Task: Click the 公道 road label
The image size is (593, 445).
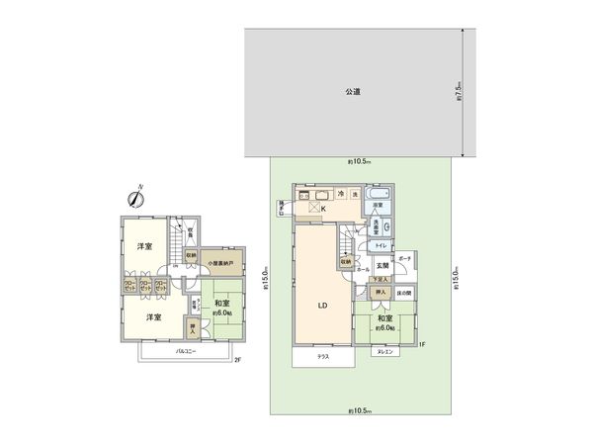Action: (x=352, y=92)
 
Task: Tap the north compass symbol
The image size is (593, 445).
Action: (x=137, y=198)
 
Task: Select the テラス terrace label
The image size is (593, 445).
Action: (x=322, y=355)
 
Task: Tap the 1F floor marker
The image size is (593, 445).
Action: (x=420, y=344)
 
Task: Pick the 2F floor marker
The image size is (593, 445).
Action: (x=237, y=359)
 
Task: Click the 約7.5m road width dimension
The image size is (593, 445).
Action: (x=461, y=92)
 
